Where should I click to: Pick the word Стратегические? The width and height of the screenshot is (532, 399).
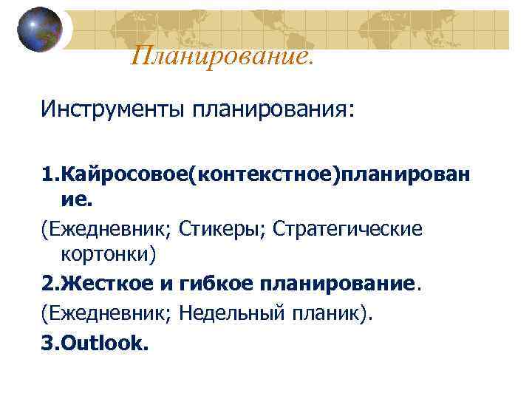(x=348, y=228)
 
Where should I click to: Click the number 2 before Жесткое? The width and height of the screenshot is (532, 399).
(x=47, y=282)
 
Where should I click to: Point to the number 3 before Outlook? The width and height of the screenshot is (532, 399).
(x=47, y=343)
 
